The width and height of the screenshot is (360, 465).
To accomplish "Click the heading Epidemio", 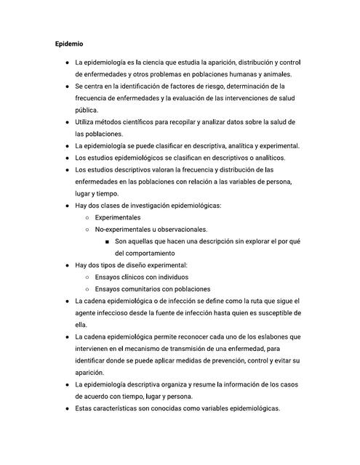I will (70, 44).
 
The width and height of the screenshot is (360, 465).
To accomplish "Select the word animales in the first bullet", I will (274, 75).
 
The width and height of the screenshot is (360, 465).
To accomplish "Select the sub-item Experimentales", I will (118, 217).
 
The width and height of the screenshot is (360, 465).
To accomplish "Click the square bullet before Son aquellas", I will (107, 241).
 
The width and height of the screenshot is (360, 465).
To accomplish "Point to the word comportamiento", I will (145, 253).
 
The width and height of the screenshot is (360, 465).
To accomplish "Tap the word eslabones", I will (277, 336).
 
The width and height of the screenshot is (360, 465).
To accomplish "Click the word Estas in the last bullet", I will (86, 408).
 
